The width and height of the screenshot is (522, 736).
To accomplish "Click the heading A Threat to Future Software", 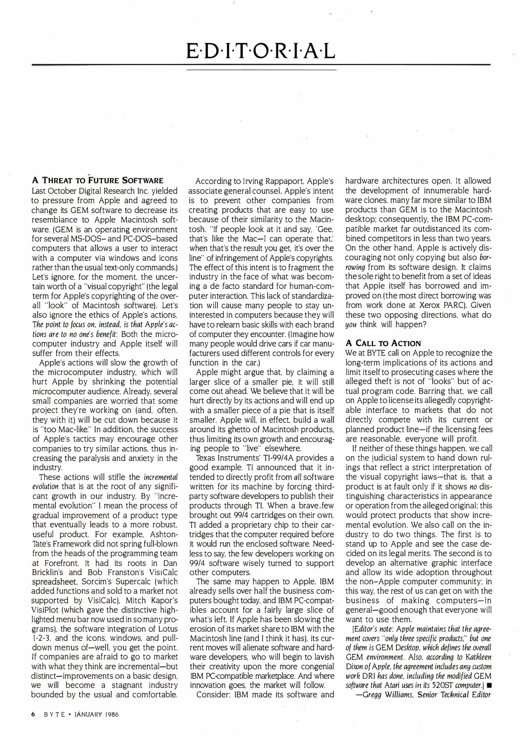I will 98,180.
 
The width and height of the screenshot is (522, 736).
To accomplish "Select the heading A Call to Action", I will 383,343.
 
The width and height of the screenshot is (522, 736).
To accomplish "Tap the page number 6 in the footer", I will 33,715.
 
